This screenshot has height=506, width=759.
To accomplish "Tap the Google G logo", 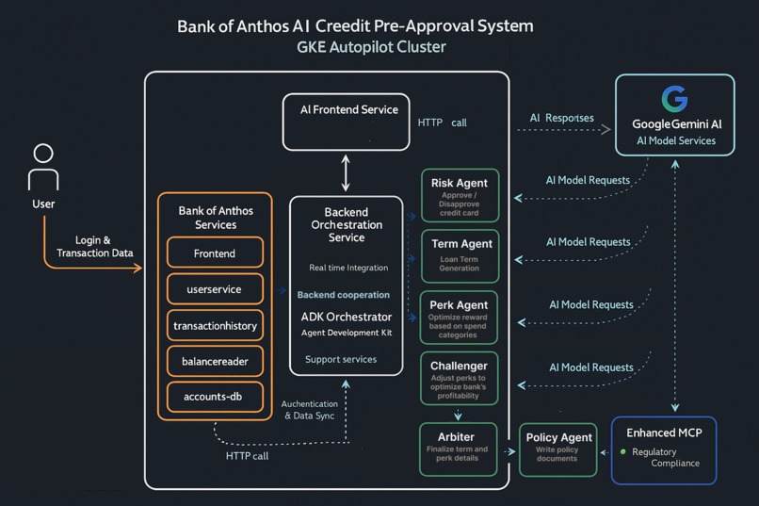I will (x=674, y=99).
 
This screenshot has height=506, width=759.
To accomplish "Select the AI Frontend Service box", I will (x=347, y=122).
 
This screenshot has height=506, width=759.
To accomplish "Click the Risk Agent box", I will (x=460, y=196).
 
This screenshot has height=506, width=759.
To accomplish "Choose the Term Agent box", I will (x=460, y=255).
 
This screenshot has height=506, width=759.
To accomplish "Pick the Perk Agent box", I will (x=460, y=318).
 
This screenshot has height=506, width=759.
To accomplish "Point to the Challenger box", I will (x=460, y=379).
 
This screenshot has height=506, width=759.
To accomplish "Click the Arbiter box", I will (x=457, y=449).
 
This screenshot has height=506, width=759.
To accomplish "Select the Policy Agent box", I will (x=558, y=449).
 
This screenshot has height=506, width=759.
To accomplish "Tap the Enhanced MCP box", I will (x=663, y=449).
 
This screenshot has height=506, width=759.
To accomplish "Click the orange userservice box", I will (x=215, y=289).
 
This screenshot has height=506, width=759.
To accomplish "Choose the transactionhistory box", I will (x=215, y=325).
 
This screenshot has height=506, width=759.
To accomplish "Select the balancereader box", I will (x=215, y=361).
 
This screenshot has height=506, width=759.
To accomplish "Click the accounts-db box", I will (x=215, y=397).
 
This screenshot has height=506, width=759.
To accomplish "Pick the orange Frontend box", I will (x=215, y=253).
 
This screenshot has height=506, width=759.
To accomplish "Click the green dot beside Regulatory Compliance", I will (x=622, y=452).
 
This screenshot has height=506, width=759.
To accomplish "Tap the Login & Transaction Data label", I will (x=94, y=247).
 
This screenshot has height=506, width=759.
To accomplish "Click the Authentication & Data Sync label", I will (x=308, y=409).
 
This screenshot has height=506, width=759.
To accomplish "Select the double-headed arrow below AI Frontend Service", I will (x=346, y=173).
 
